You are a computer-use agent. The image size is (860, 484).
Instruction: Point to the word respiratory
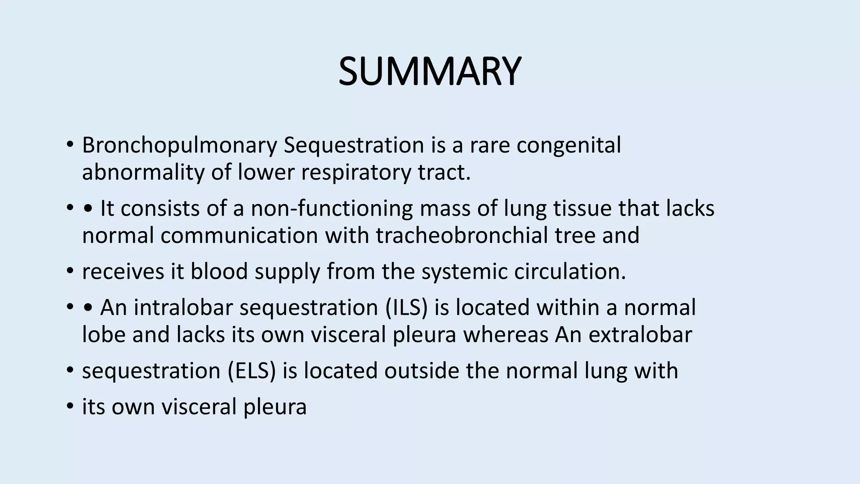click(x=354, y=172)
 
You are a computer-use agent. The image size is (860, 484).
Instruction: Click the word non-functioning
click(x=332, y=209)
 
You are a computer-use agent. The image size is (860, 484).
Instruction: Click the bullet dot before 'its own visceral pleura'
click(x=70, y=407)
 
